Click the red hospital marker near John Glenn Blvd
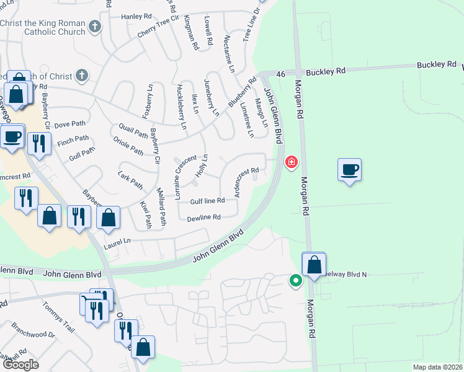290,162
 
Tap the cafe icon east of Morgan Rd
350,169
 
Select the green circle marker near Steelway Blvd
296,280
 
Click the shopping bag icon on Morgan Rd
315,263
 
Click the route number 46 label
280,74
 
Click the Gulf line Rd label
207,201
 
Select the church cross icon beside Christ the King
94,26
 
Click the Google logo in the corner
20,365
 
